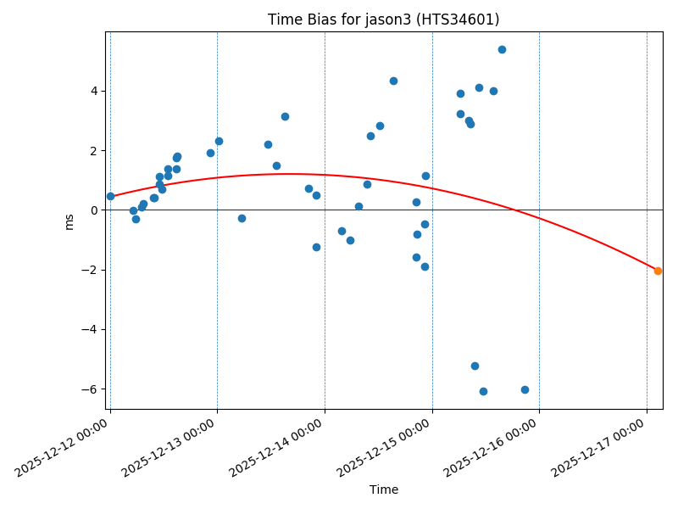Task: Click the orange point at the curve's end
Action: tap(658, 271)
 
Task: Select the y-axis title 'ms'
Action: tap(69, 221)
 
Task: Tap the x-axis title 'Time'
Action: tap(384, 489)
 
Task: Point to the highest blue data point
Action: tap(502, 49)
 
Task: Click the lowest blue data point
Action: tap(483, 391)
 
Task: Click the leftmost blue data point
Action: tap(110, 196)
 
